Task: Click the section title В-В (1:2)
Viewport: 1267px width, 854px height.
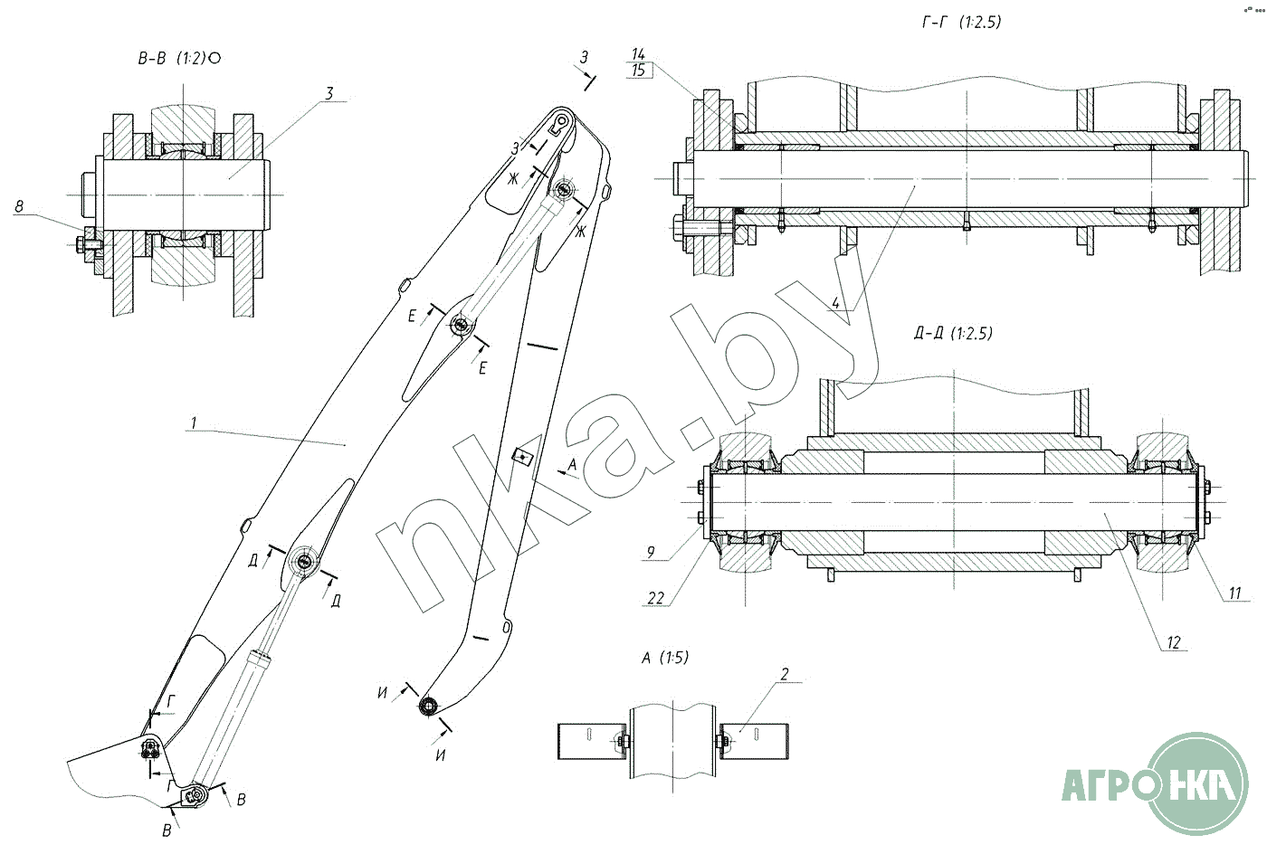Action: (x=172, y=58)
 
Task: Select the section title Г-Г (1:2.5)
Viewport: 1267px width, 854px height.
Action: (x=961, y=22)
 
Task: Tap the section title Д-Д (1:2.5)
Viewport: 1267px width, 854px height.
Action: (x=953, y=334)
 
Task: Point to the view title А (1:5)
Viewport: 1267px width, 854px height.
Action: (x=665, y=658)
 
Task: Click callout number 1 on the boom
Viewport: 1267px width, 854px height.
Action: (x=194, y=422)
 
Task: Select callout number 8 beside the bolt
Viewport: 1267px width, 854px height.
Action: (x=19, y=206)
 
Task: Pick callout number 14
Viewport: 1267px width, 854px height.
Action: (x=638, y=53)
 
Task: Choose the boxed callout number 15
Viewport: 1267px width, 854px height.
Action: (x=639, y=71)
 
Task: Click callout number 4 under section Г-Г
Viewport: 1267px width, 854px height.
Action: (x=836, y=302)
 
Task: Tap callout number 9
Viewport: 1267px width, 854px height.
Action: (x=651, y=552)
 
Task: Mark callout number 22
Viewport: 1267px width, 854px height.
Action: (x=655, y=598)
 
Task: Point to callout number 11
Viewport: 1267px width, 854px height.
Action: (x=1234, y=593)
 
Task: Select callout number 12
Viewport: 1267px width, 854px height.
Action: (x=1174, y=643)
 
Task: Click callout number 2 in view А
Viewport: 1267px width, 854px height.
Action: (x=785, y=674)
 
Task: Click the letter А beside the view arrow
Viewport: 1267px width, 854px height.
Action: (x=572, y=464)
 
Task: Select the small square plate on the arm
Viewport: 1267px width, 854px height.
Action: (x=523, y=456)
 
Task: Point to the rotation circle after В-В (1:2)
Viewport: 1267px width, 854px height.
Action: (x=214, y=58)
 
